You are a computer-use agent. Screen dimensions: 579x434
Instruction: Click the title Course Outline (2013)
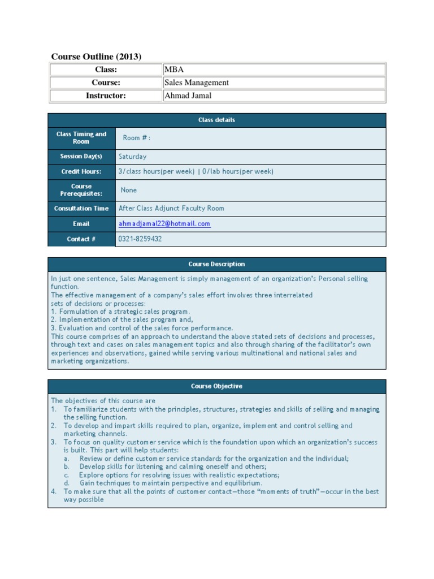96,56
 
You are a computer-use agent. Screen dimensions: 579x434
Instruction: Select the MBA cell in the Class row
173,70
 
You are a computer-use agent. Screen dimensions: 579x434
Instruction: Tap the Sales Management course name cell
196,83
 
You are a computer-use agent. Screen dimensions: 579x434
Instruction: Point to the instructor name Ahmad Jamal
188,96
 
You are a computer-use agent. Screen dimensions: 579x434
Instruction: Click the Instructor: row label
106,96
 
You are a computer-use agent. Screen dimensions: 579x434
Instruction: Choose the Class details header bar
216,120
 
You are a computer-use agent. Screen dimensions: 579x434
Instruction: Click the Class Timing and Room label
81,138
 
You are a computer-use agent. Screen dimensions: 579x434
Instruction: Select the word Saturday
132,157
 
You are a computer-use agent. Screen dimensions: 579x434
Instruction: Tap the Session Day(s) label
81,157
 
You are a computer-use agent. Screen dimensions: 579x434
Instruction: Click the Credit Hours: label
81,171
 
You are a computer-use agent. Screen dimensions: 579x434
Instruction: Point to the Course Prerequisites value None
129,190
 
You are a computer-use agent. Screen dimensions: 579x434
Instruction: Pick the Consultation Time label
81,209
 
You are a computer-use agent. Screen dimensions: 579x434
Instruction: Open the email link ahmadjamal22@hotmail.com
164,224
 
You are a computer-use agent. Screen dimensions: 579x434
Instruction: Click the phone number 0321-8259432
140,239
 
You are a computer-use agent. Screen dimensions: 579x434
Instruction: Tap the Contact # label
81,239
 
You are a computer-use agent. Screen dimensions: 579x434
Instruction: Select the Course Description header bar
216,264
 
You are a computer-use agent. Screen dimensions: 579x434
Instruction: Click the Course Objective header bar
216,386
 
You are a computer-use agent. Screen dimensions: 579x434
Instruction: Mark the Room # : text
137,138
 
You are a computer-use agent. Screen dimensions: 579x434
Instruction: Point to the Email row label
81,224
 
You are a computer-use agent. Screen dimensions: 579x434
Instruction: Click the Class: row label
106,70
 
